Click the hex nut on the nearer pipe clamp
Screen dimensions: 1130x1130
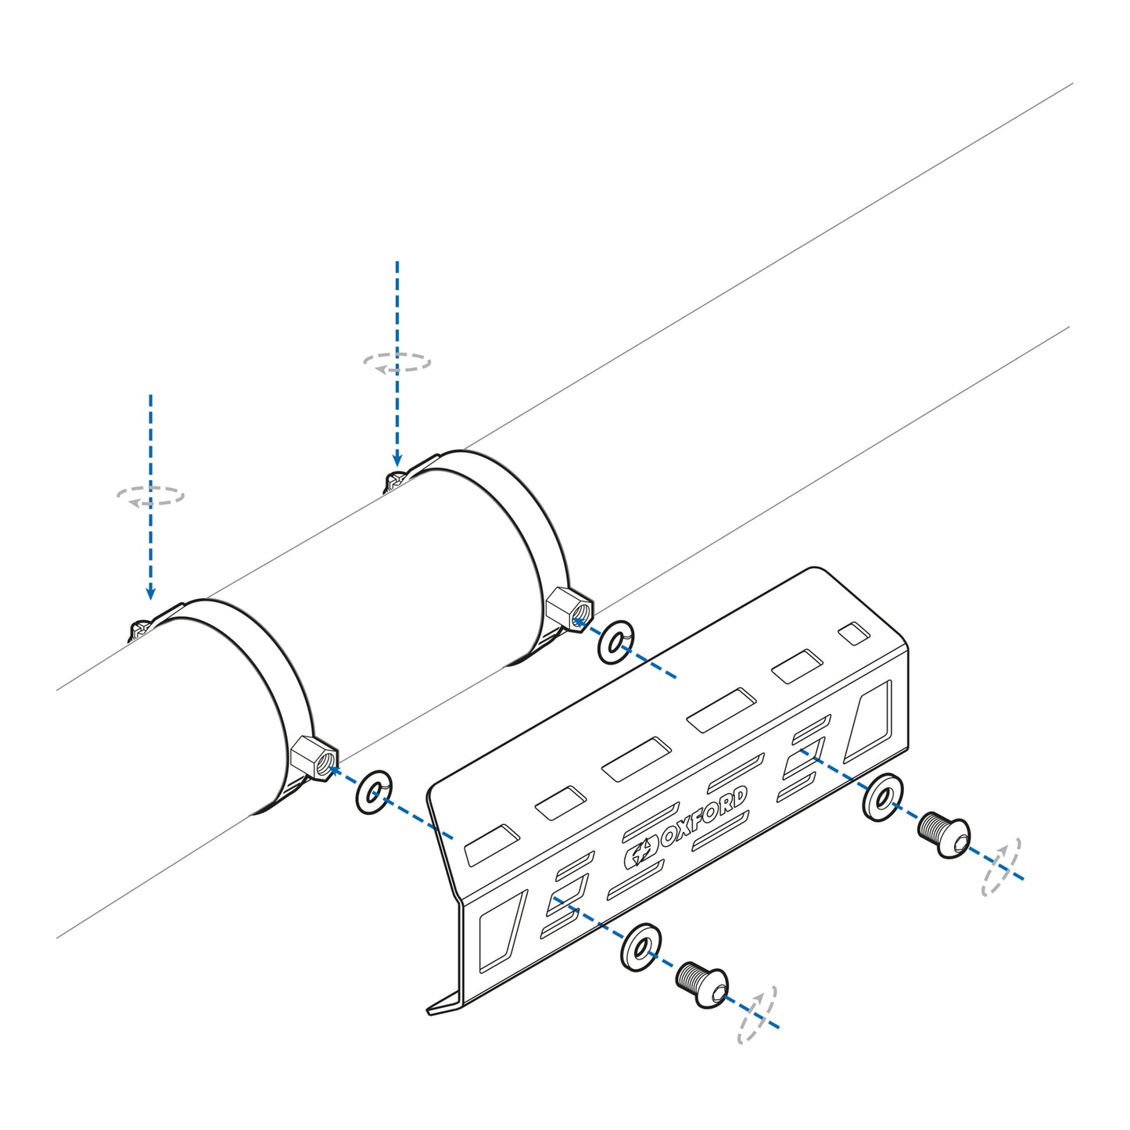click(314, 759)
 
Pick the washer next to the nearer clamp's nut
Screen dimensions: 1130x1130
click(374, 793)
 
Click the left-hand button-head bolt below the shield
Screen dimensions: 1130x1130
click(701, 983)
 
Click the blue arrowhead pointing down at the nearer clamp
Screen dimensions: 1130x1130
click(150, 594)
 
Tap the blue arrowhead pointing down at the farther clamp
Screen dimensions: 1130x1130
click(397, 460)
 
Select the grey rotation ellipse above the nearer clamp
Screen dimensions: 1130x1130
click(150, 496)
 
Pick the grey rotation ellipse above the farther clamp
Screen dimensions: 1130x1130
click(397, 362)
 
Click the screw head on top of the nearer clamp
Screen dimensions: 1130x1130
click(141, 629)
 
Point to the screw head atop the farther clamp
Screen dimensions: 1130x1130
click(393, 481)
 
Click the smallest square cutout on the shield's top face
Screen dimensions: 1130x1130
click(852, 633)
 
